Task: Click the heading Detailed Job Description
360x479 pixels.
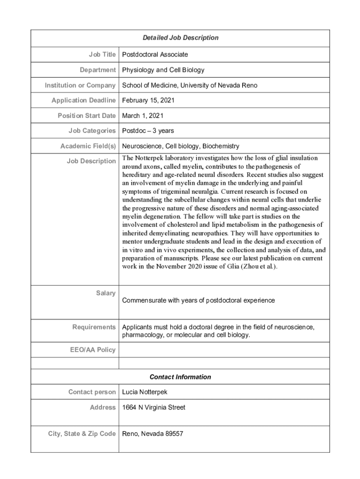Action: pos(180,37)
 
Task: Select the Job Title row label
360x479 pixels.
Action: pos(102,54)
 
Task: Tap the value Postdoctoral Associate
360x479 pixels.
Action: pos(155,55)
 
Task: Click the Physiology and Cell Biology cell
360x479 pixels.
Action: pos(163,70)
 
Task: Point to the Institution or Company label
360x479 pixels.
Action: pos(80,85)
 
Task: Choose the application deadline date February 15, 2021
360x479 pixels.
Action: pos(149,101)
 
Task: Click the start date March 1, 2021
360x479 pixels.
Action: pos(143,116)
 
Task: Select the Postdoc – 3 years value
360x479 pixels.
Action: pos(148,131)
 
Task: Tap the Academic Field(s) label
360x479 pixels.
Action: pos(88,146)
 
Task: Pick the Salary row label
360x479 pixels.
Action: pos(106,293)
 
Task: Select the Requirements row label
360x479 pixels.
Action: pos(94,327)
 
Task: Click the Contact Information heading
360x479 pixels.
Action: pos(180,377)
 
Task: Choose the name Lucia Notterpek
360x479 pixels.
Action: pos(144,392)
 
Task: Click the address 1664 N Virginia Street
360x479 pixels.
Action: pos(153,407)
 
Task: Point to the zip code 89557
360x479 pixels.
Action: pos(174,434)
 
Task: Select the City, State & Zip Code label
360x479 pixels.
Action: pos(82,434)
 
